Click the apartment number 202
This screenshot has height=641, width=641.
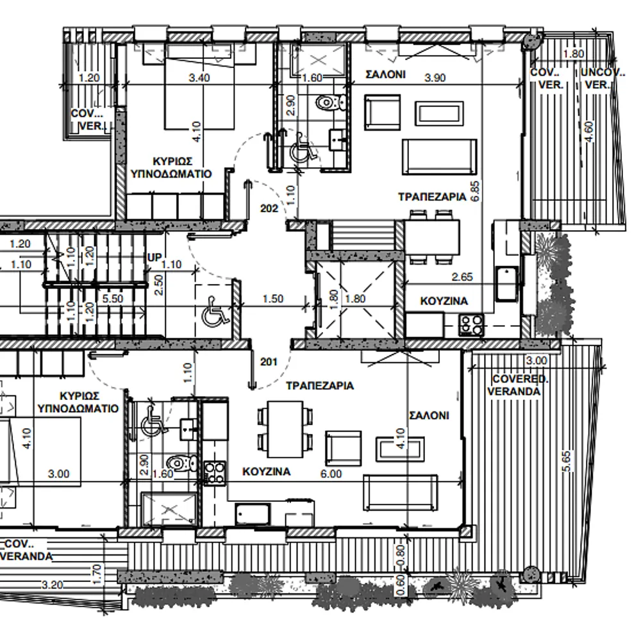click(269, 208)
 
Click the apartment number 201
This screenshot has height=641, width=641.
click(269, 362)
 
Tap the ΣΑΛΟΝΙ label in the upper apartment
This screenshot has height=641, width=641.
click(385, 74)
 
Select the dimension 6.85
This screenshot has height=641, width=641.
click(474, 191)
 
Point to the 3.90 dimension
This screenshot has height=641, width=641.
click(435, 78)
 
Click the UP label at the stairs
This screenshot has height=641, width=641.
click(154, 258)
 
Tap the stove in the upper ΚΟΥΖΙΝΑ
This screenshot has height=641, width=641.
click(471, 325)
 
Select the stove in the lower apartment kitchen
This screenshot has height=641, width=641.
click(214, 473)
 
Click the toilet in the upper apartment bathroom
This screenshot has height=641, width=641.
click(329, 102)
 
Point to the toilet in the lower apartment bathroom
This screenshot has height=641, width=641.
click(183, 463)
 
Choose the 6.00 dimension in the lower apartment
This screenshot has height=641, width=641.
click(331, 474)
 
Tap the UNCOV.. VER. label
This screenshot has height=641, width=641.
click(602, 79)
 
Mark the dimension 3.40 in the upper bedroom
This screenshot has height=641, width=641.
click(199, 78)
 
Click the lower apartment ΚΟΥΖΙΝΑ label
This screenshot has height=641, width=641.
click(267, 472)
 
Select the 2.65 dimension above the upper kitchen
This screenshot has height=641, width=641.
click(462, 277)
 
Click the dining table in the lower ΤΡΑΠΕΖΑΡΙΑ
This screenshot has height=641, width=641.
click(285, 429)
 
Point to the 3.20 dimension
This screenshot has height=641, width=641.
click(53, 585)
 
